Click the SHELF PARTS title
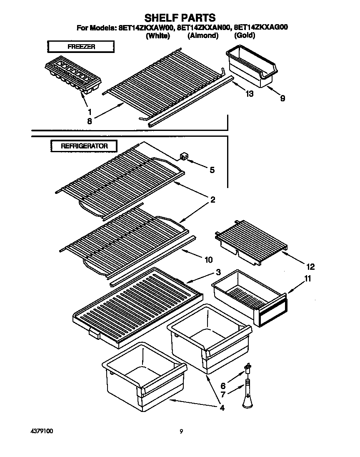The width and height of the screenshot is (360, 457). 180,18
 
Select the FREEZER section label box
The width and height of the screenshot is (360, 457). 81,47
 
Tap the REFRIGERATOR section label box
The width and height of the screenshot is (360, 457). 84,146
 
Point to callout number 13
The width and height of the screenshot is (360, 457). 249,94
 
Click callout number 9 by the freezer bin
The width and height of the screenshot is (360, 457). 282,99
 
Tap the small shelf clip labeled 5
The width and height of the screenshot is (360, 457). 183,156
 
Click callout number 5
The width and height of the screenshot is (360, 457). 212,170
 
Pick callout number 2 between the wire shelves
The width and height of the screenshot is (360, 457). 212,200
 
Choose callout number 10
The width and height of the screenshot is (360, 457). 209,260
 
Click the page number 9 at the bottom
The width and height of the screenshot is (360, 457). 181,432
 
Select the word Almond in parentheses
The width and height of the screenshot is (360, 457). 203,36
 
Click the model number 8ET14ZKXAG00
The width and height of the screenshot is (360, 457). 261,28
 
